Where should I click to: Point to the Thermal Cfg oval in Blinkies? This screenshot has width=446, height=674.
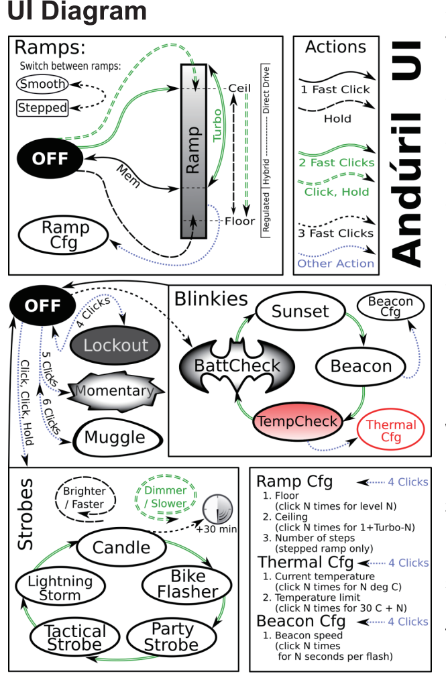coord(391,431)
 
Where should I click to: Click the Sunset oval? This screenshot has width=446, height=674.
coord(300,311)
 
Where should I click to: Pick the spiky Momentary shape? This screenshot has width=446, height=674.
coord(113,391)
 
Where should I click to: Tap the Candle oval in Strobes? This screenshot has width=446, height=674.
coord(121,547)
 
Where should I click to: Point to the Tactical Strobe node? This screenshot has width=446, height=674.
coord(74,638)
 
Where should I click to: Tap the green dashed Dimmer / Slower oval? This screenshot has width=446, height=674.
coord(165,497)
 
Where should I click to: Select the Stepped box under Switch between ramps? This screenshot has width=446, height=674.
coord(43,107)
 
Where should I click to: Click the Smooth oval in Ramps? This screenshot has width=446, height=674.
coord(43,84)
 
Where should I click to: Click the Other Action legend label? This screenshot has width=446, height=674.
coord(335,263)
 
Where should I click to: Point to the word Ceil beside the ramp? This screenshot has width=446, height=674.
coord(239,89)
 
